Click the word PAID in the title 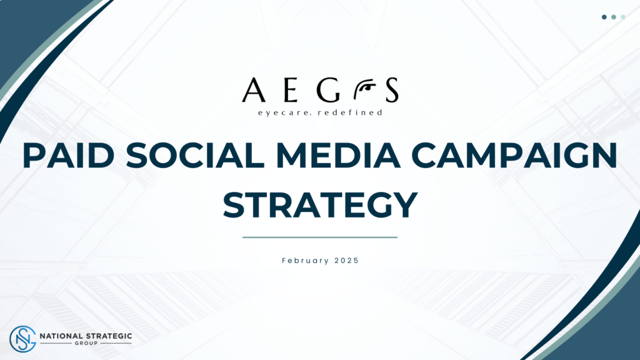(68, 155)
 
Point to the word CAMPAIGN (514, 155)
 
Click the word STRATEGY (320, 205)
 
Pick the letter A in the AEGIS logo (254, 90)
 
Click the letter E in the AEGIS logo (290, 90)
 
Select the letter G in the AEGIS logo (328, 90)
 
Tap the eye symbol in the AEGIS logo (364, 89)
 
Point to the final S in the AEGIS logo (392, 90)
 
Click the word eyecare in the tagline (285, 112)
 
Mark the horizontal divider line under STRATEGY (320, 237)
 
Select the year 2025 (346, 261)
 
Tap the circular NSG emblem (23, 339)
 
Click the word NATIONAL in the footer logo (61, 336)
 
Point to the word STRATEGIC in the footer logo (108, 336)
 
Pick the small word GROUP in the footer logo (86, 343)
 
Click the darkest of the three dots (604, 17)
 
